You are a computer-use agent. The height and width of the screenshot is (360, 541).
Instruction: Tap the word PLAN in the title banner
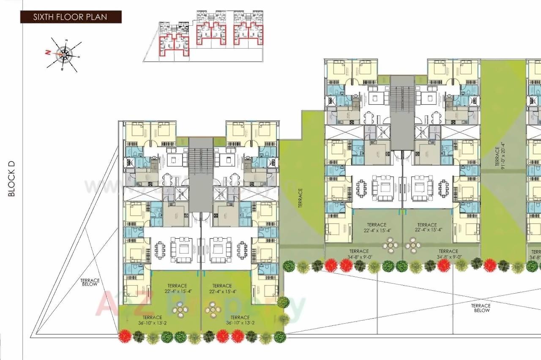(98, 17)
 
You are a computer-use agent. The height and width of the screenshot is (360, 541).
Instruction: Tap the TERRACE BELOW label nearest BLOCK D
(90, 282)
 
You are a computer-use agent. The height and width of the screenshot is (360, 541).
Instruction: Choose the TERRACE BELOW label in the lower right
(481, 308)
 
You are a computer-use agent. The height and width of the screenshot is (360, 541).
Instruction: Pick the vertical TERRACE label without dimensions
(301, 197)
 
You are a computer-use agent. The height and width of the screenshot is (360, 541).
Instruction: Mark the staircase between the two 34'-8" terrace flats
(402, 112)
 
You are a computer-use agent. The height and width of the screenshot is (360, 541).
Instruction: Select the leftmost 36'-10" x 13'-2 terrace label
(152, 320)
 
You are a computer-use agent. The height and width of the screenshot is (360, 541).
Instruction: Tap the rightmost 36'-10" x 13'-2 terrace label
(240, 320)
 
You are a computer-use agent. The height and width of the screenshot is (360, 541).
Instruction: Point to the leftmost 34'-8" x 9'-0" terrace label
(359, 254)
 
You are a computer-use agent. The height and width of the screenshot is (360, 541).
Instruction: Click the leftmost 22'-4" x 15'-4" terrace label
(177, 289)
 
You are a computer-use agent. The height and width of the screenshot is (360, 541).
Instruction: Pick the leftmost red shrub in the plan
(124, 336)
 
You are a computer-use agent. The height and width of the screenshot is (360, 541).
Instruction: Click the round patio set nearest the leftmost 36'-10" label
(180, 309)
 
